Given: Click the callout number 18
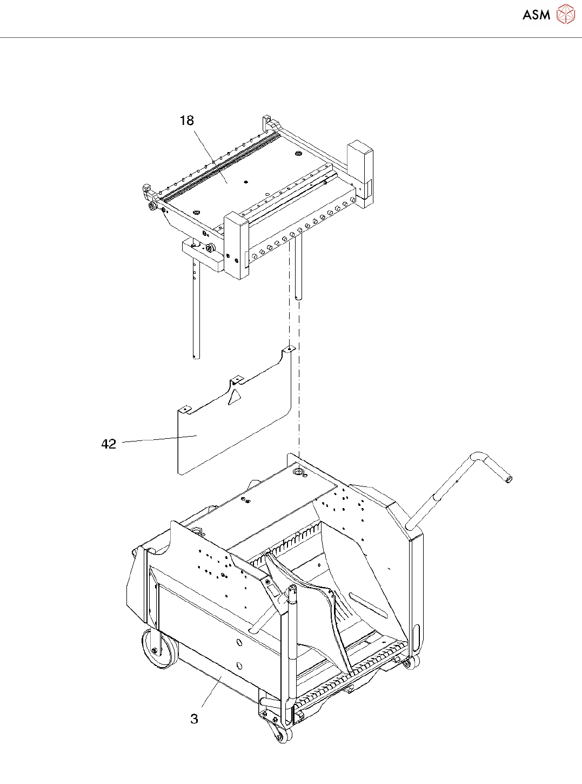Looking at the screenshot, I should tap(186, 121).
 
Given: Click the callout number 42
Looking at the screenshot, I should tap(109, 444).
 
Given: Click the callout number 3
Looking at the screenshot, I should tap(194, 719).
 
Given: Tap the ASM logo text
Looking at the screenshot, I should tap(536, 15).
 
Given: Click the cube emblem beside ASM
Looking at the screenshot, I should tap(566, 15).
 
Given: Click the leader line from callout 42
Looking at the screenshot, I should tap(159, 439).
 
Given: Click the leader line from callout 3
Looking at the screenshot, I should tap(212, 692).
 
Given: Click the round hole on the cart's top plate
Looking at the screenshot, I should tap(297, 472).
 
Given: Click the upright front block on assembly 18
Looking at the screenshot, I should tap(236, 246).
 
